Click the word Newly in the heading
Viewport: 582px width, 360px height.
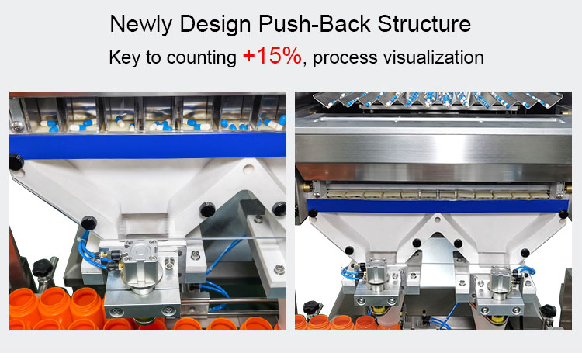[x=141, y=25]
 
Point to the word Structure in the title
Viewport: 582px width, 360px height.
[x=424, y=24]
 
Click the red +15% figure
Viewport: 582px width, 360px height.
[x=272, y=56]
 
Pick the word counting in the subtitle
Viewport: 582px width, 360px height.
[x=202, y=58]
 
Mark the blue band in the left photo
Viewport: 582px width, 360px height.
[x=147, y=145]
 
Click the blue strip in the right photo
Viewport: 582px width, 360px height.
[x=437, y=206]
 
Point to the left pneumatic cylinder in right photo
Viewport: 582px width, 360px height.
[x=376, y=275]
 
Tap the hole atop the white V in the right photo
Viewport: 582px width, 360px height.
[x=437, y=220]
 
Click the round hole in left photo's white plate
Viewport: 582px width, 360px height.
[x=248, y=170]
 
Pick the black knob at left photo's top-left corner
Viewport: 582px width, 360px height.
[x=16, y=162]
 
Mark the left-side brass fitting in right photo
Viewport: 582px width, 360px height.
[x=307, y=188]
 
